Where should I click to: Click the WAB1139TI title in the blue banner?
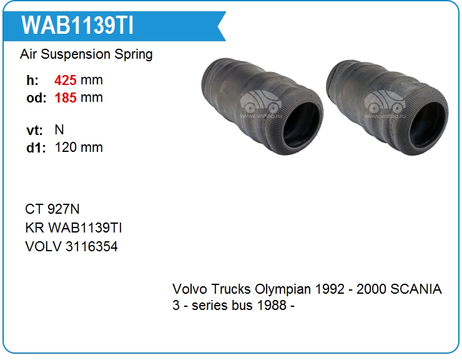77,26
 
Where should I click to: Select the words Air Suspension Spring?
86,54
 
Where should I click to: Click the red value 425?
66,80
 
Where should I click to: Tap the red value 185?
66,97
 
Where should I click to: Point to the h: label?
32,80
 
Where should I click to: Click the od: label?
36,98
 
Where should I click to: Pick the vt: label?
34,130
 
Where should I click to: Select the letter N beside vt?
59,130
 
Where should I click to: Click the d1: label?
36,147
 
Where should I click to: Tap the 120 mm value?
79,147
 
